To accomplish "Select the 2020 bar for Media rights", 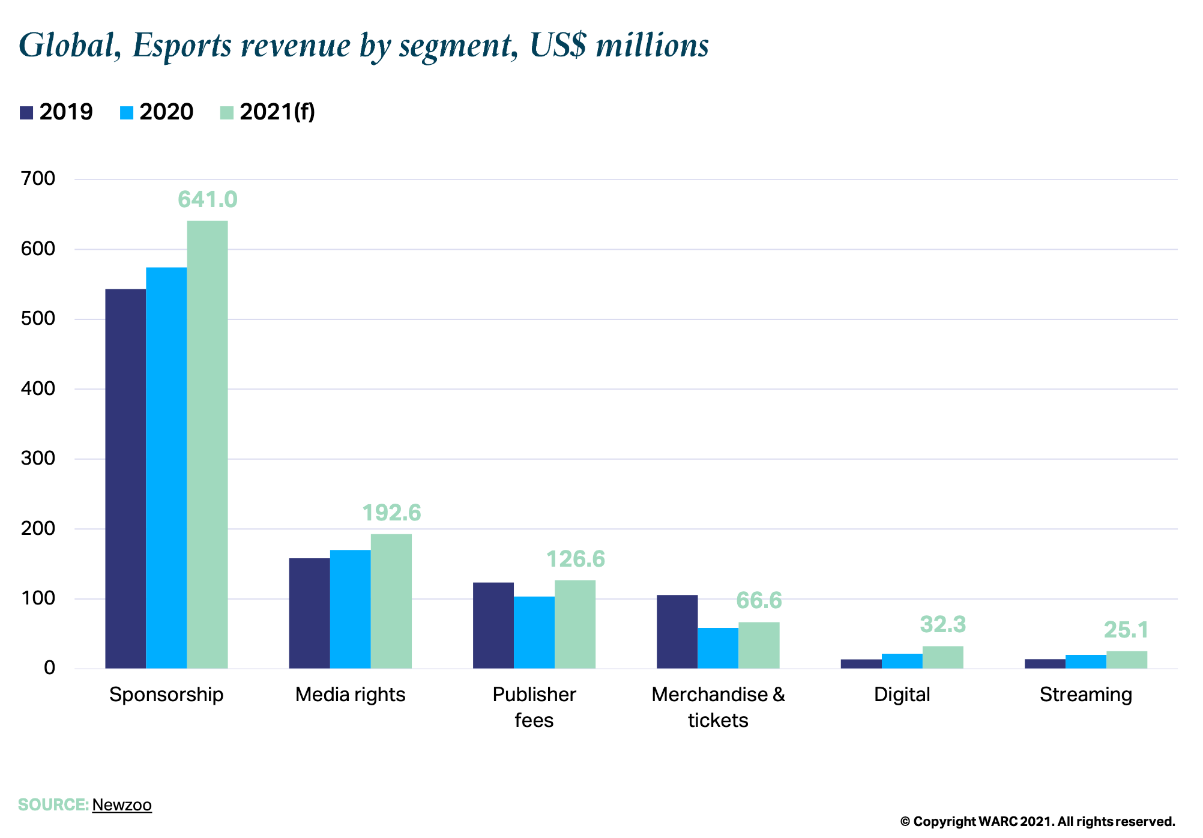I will pyautogui.click(x=350, y=609).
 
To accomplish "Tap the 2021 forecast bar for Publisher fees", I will pyautogui.click(x=574, y=624).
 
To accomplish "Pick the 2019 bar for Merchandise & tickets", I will pyautogui.click(x=677, y=631).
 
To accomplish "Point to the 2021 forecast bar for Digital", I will pyautogui.click(x=942, y=657).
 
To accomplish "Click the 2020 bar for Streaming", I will pyautogui.click(x=1085, y=662).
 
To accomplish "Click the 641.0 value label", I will pyautogui.click(x=208, y=200).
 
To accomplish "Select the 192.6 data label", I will pyautogui.click(x=391, y=513).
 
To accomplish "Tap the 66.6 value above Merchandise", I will pyautogui.click(x=759, y=600).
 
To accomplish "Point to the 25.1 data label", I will pyautogui.click(x=1126, y=630).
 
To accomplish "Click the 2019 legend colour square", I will pyautogui.click(x=26, y=112).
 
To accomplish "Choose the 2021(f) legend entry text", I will pyautogui.click(x=277, y=112).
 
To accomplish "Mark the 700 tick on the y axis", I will pyautogui.click(x=38, y=179).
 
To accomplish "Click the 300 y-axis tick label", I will pyautogui.click(x=38, y=459).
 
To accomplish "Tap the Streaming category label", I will pyautogui.click(x=1085, y=695).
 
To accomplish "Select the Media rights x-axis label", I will pyautogui.click(x=350, y=695).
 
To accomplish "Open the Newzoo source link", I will pyautogui.click(x=122, y=805).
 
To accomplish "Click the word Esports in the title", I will pyautogui.click(x=182, y=46).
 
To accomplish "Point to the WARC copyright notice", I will pyautogui.click(x=1037, y=822).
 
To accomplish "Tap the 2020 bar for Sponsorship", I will pyautogui.click(x=166, y=468).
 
